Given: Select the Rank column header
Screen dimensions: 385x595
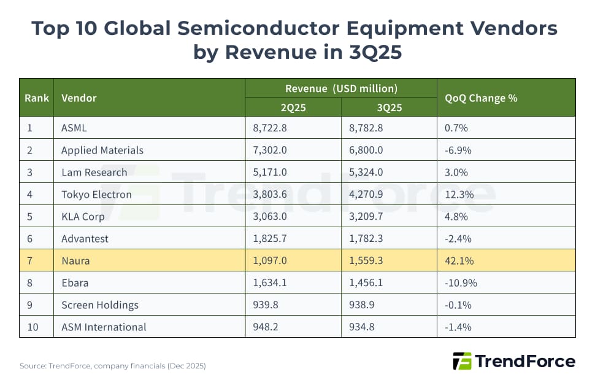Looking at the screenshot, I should (x=36, y=98).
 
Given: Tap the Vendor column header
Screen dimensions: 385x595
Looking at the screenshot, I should (x=79, y=98).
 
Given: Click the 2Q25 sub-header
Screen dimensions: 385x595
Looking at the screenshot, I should (x=293, y=107).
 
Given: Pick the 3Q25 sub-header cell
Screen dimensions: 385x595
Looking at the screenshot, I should (x=389, y=107).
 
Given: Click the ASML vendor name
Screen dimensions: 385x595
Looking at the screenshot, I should (x=75, y=128).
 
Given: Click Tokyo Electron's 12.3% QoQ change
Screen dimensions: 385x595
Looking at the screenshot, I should (x=457, y=195).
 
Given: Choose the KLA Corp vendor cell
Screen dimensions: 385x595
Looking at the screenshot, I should (x=83, y=217).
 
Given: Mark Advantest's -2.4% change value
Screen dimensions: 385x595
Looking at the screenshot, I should (x=457, y=239).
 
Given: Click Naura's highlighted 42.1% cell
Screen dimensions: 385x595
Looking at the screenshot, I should (x=457, y=261).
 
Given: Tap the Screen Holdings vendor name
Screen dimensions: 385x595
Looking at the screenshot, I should (x=100, y=305).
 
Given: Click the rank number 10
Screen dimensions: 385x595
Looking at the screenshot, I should (x=33, y=327).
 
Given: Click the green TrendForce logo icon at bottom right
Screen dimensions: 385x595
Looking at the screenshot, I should (x=462, y=361).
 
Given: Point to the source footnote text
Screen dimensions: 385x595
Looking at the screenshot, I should (x=113, y=366).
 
